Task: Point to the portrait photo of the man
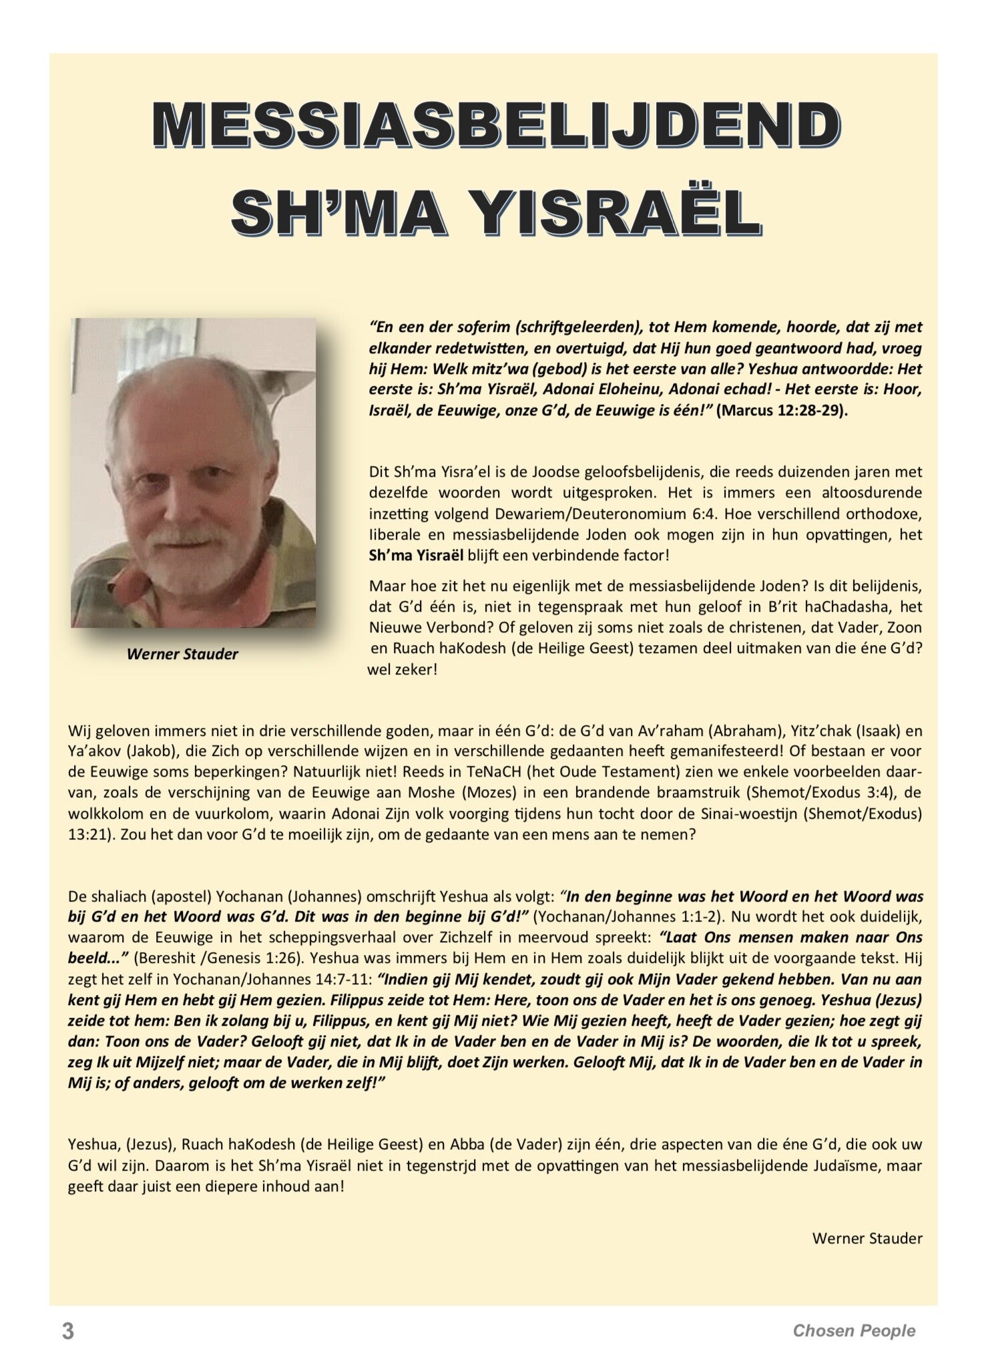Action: (193, 473)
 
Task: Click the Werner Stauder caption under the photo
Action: (182, 654)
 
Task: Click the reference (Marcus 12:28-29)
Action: (782, 411)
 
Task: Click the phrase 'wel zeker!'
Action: (403, 669)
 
